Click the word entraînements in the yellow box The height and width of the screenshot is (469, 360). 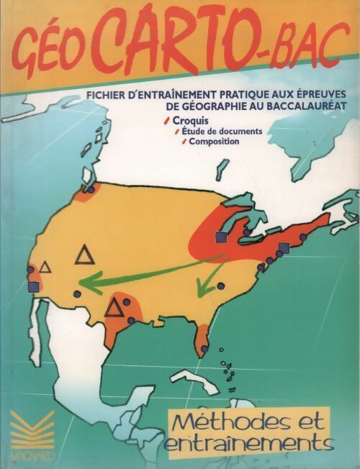(238, 441)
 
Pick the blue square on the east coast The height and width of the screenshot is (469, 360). (284, 248)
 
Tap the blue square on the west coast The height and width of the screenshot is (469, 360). (33, 286)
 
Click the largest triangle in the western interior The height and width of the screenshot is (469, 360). (85, 255)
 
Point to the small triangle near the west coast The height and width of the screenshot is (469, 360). (45, 267)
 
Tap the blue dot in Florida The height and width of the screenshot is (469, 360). (204, 349)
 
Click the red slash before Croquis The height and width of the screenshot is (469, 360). (167, 119)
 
